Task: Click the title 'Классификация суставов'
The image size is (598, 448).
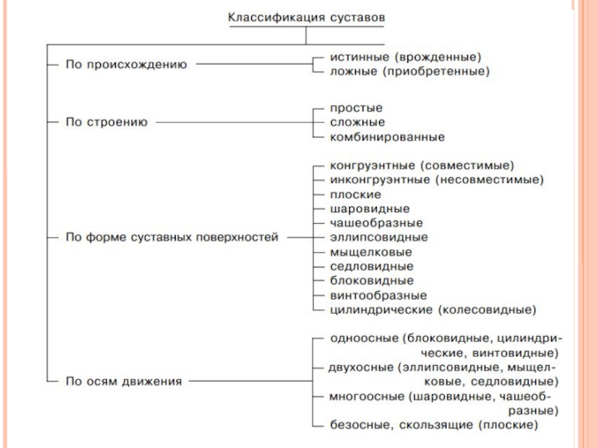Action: pyautogui.click(x=309, y=16)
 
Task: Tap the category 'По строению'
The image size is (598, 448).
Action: pyautogui.click(x=107, y=121)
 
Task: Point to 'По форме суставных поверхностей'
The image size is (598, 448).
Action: pyautogui.click(x=172, y=237)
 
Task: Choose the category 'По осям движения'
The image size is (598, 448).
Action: pyautogui.click(x=123, y=381)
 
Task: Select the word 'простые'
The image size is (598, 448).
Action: pyautogui.click(x=356, y=108)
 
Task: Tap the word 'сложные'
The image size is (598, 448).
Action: pyautogui.click(x=357, y=122)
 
